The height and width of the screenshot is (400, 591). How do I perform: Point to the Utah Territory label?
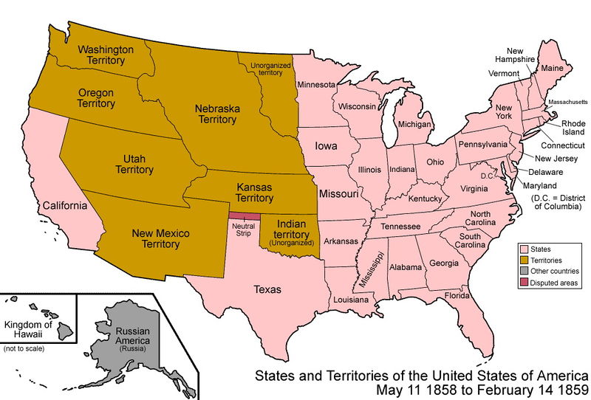(134, 164)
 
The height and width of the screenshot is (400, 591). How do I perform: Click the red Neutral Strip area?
(244, 215)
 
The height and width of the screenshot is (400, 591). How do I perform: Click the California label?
(65, 205)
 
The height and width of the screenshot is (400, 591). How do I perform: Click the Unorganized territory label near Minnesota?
(266, 69)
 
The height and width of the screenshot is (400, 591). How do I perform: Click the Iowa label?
(327, 146)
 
